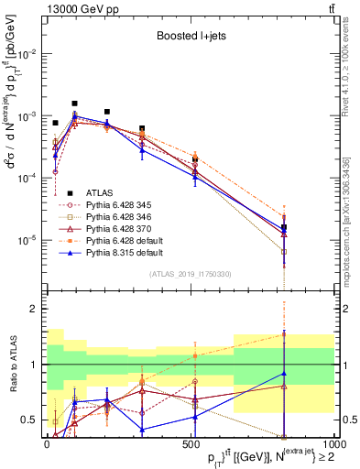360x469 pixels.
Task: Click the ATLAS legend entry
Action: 101,192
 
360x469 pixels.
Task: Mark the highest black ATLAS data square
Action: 74,104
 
